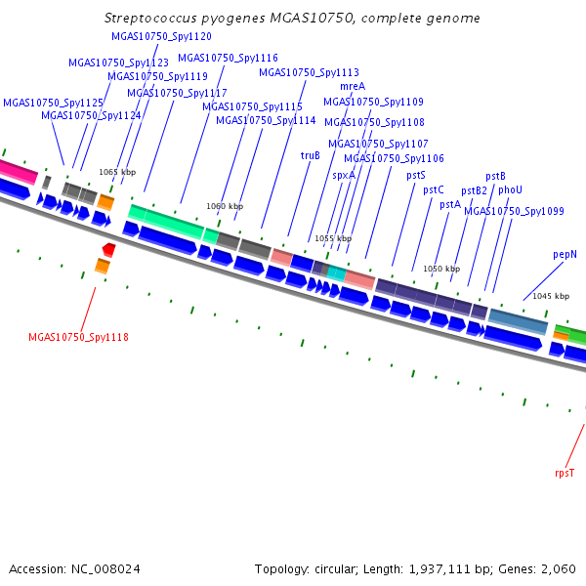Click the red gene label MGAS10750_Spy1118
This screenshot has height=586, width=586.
[x=78, y=337]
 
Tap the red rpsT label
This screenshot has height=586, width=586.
[x=565, y=473]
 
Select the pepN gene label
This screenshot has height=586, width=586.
[x=565, y=255]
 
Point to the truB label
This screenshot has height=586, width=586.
[x=311, y=155]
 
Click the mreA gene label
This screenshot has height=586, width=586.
[x=353, y=86]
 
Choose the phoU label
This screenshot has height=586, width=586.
[x=510, y=189]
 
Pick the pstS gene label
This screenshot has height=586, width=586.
[x=416, y=175]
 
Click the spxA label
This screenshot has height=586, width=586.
[x=344, y=175]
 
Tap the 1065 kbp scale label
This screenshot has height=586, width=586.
[x=117, y=172]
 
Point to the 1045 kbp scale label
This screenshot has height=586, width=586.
[x=551, y=296]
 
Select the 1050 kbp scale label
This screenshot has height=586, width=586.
[x=441, y=269]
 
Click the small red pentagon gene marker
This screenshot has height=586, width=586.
[x=108, y=250]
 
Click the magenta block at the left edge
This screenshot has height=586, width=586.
[x=18, y=171]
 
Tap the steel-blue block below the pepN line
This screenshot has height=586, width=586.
[x=518, y=321]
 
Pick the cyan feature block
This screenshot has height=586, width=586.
[x=337, y=273]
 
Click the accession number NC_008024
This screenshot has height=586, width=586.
[x=105, y=569]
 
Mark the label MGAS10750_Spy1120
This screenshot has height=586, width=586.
[x=161, y=36]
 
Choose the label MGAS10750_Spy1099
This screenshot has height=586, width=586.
[x=514, y=211]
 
